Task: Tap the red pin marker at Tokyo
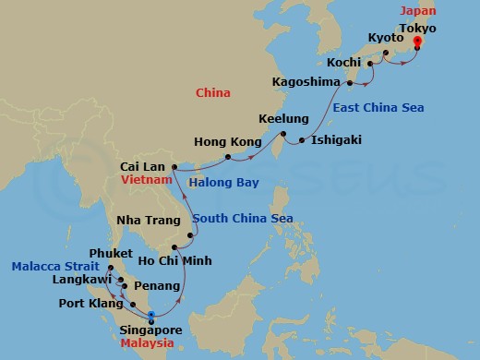tap(417, 42)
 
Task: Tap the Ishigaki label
tap(336, 140)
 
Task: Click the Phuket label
tap(109, 252)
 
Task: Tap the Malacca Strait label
tap(46, 267)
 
